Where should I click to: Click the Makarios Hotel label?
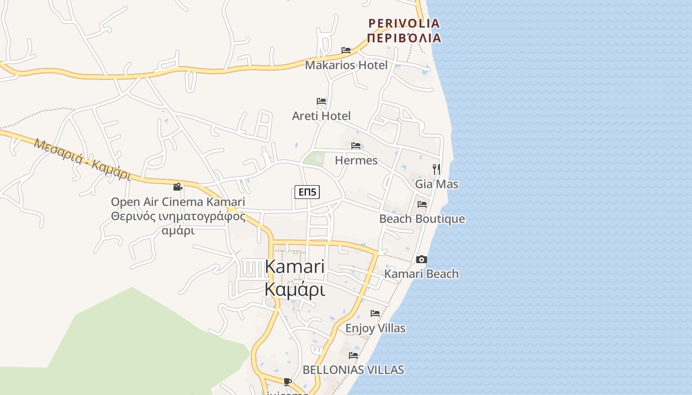click(346, 65)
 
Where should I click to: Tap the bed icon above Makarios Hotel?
click(346, 50)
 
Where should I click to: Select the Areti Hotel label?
click(321, 116)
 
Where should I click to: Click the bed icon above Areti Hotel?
click(321, 101)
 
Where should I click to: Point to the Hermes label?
click(356, 160)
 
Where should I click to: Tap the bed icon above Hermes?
click(356, 146)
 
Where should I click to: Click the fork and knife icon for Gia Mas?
click(436, 169)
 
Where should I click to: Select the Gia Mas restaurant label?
click(436, 184)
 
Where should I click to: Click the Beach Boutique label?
click(422, 219)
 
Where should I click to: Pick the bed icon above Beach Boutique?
click(422, 204)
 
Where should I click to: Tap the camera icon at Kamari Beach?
click(422, 259)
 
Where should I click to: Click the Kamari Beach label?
click(422, 274)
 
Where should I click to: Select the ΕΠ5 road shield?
click(307, 192)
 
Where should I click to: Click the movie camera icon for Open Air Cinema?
click(178, 187)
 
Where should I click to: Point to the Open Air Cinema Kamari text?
click(178, 202)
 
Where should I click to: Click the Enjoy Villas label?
click(375, 328)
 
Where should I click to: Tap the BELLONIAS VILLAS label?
click(353, 370)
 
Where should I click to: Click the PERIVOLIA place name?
click(404, 23)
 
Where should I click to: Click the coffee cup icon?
click(288, 382)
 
